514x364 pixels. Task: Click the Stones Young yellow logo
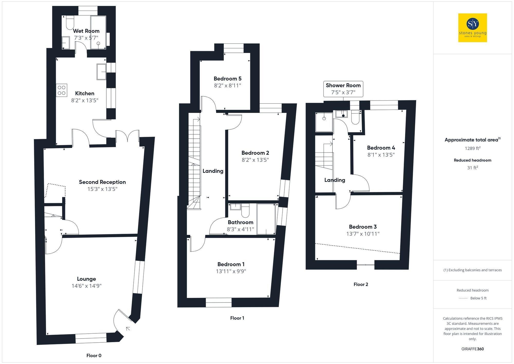tap(472, 28)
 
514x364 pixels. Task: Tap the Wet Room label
tap(86, 31)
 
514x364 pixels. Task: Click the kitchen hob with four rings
tap(62, 90)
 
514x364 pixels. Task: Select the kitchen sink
tap(101, 72)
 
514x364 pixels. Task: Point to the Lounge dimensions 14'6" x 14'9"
tap(87, 286)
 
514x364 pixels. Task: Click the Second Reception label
tap(102, 182)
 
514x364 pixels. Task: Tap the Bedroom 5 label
tap(227, 79)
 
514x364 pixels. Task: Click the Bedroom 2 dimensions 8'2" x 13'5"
tap(255, 160)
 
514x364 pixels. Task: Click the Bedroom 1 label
tap(231, 264)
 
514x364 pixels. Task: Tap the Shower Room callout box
tap(343, 89)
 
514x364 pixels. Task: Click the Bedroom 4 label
tap(381, 148)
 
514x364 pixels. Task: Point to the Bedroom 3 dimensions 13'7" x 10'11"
tap(363, 234)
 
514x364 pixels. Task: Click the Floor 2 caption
tap(361, 284)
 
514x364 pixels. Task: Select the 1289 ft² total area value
tap(472, 148)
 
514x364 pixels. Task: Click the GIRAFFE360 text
tap(472, 349)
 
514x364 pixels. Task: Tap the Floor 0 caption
tap(94, 356)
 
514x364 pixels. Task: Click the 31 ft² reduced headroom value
tap(472, 168)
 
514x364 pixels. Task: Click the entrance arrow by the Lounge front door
tap(128, 329)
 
